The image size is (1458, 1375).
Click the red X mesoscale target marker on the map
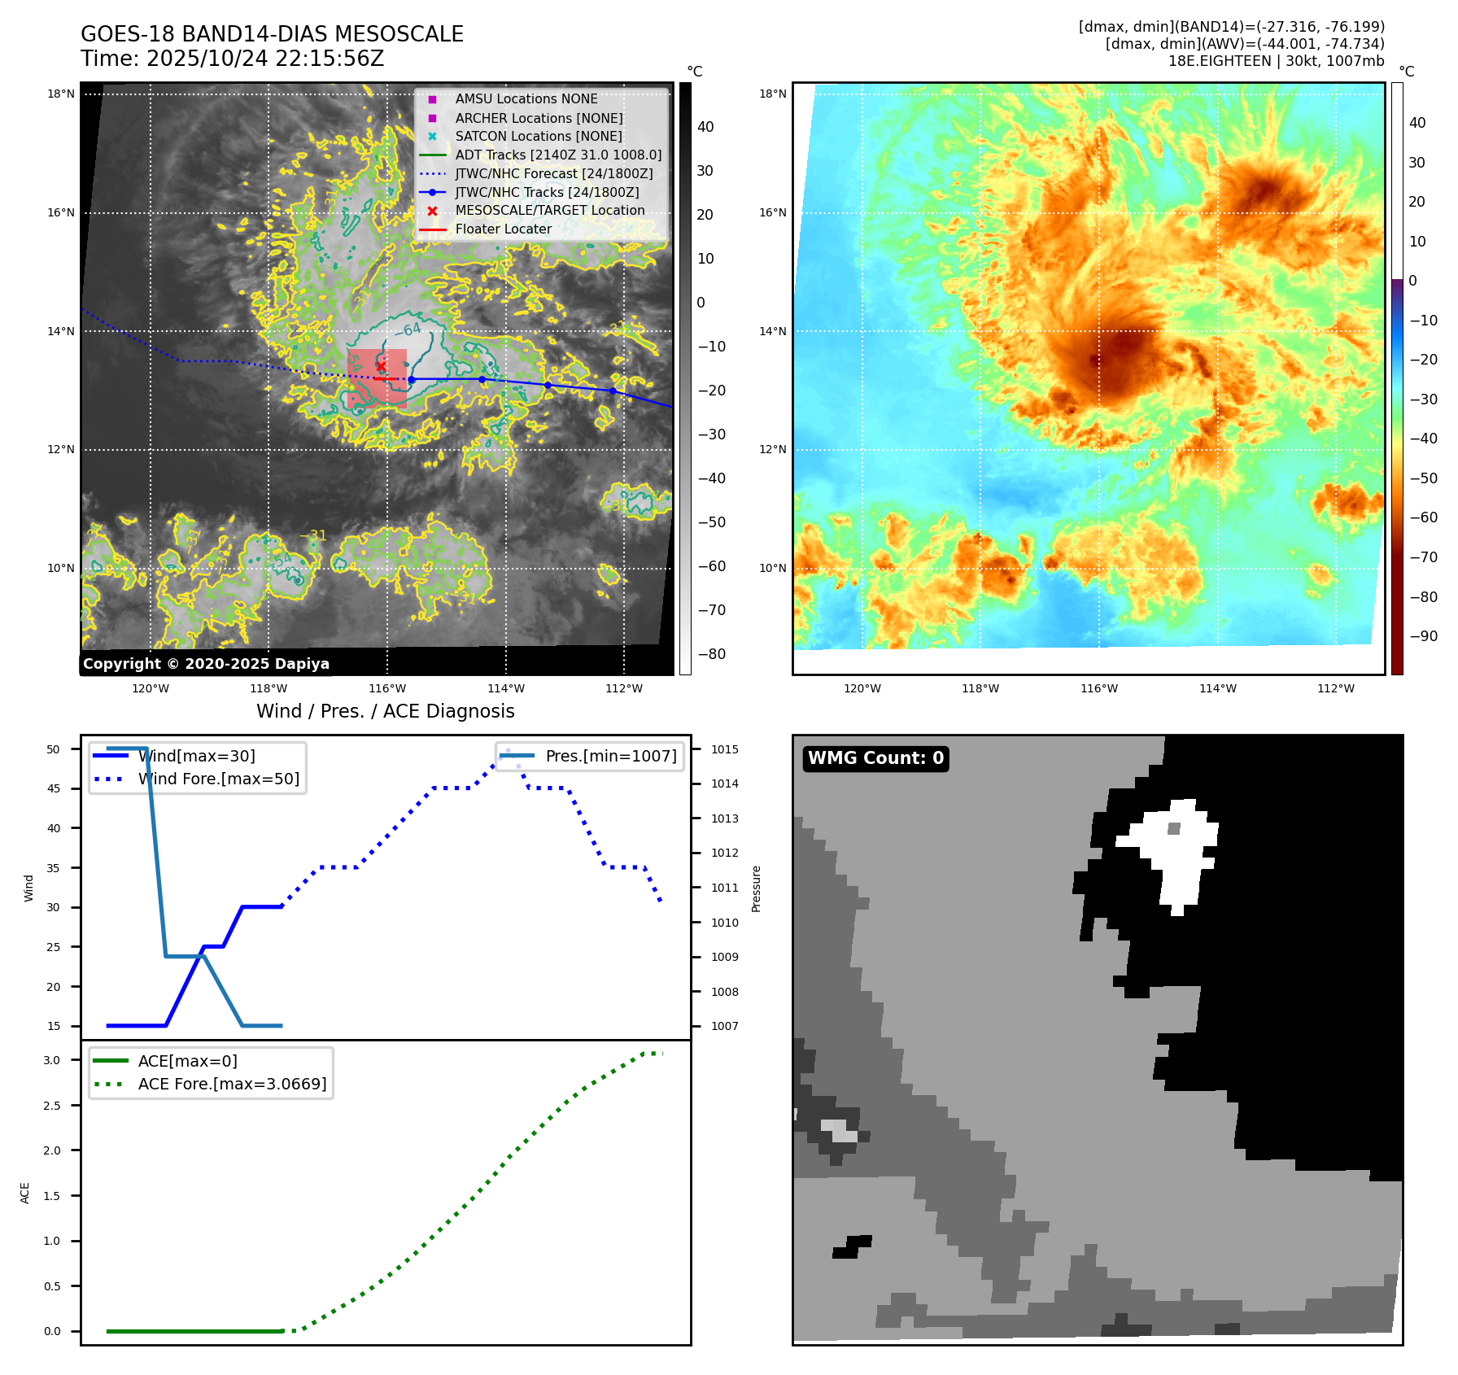[x=381, y=366]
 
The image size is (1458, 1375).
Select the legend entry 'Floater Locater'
[x=503, y=229]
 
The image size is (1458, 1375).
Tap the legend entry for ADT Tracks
[x=557, y=155]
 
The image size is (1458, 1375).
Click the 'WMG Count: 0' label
[x=875, y=758]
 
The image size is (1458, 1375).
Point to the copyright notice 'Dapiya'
[x=206, y=664]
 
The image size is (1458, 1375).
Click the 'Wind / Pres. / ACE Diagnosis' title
[x=385, y=711]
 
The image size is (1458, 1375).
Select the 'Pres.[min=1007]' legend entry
[x=610, y=756]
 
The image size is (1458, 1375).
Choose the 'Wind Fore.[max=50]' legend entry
[x=218, y=779]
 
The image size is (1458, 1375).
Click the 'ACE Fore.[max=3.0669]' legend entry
[x=232, y=1084]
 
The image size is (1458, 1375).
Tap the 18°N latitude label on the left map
[x=61, y=94]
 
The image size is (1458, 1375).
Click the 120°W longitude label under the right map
[x=862, y=688]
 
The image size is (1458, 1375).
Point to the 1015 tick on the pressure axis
[x=725, y=749]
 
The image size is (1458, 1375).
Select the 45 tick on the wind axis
[x=54, y=788]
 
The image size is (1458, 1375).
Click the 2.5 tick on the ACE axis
[x=52, y=1106]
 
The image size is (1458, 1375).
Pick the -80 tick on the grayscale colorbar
[x=712, y=654]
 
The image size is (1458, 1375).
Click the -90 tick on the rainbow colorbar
[x=1423, y=636]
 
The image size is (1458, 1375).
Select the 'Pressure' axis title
[x=757, y=888]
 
